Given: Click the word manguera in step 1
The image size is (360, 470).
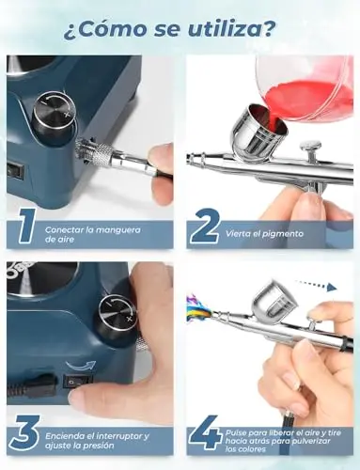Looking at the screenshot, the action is tap(118, 230).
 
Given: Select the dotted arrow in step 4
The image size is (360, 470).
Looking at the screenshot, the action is tap(316, 287).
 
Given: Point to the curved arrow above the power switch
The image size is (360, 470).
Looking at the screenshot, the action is tap(81, 366).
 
